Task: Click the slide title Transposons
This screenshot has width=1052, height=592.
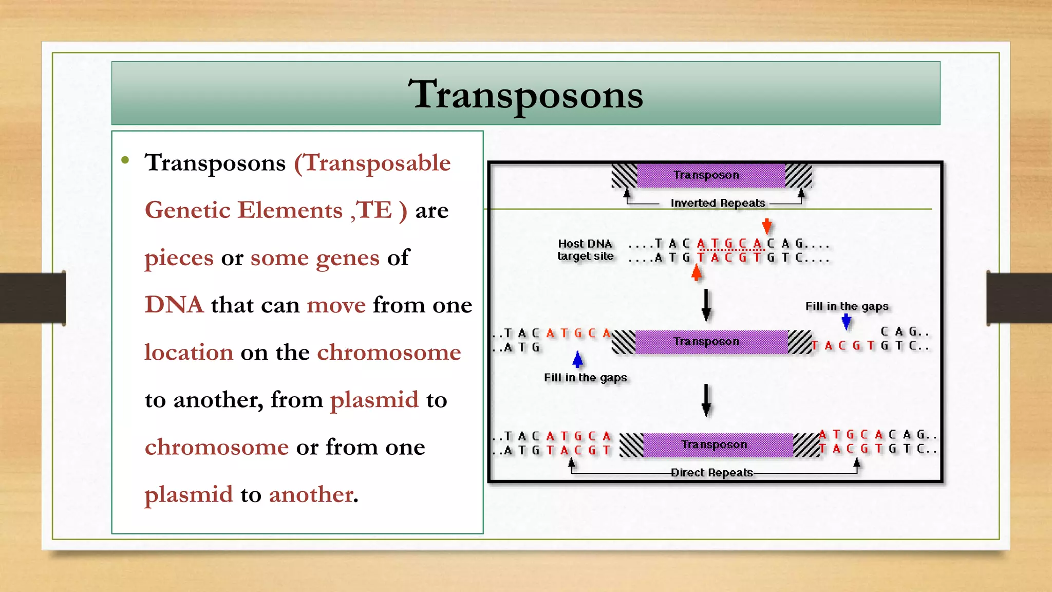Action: [525, 95]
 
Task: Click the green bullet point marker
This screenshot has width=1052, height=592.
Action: [125, 160]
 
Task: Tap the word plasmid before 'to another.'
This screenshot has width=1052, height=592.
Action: [189, 494]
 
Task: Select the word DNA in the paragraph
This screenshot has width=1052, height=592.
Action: [174, 305]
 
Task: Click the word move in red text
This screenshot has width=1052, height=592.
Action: [336, 305]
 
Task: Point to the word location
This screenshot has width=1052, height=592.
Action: [189, 353]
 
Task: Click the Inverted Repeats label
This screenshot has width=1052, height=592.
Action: [718, 203]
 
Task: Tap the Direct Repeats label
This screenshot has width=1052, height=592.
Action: [711, 472]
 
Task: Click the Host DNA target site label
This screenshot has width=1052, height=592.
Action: [586, 250]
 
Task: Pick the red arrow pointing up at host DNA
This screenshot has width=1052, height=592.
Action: [697, 272]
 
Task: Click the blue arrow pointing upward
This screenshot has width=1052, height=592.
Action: [578, 359]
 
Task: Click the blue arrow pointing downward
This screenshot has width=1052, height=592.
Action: [847, 322]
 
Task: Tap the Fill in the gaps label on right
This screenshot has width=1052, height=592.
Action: [847, 306]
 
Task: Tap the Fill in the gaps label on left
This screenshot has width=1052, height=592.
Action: [585, 378]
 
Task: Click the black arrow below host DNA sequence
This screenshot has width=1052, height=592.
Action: [706, 304]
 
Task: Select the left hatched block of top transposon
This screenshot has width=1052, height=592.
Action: [625, 176]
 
